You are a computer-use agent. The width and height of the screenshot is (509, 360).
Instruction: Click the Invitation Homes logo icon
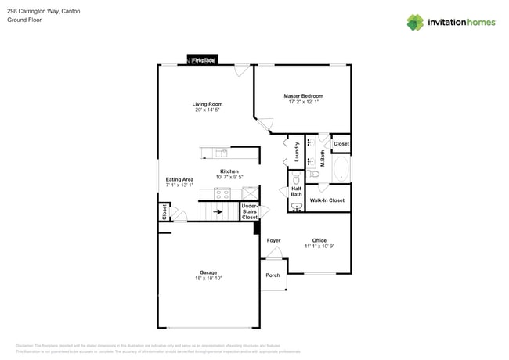[x=414, y=22]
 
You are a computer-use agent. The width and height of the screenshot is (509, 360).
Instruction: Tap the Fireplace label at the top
[x=204, y=60]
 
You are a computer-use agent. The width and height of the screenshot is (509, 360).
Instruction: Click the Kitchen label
[x=229, y=171]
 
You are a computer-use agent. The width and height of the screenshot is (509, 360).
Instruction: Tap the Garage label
[x=208, y=272]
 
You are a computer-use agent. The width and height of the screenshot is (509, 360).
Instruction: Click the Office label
[x=319, y=240]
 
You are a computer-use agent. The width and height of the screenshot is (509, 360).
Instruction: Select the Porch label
[x=273, y=275]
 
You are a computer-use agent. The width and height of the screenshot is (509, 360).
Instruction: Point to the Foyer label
[x=273, y=240]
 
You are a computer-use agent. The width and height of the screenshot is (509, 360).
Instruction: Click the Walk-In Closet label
[x=327, y=200]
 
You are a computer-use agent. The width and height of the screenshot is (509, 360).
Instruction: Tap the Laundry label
[x=297, y=151]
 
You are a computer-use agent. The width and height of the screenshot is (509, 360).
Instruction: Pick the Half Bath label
[x=296, y=191]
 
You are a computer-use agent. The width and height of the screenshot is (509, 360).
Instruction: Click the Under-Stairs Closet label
[x=250, y=211]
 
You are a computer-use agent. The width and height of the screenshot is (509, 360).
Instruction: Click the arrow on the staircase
[x=218, y=211]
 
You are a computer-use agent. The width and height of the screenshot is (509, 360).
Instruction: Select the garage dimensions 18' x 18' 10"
[x=208, y=279]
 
